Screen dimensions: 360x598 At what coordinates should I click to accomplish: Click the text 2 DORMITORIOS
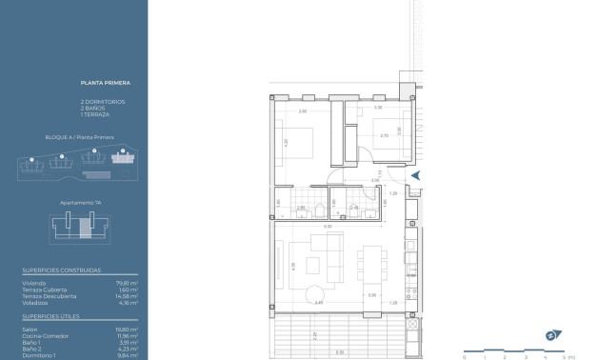(103, 101)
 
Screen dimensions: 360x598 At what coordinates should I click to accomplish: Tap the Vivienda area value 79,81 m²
(128, 282)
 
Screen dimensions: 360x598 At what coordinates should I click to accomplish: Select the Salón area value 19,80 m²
(128, 329)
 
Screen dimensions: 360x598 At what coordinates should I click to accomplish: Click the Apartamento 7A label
(80, 202)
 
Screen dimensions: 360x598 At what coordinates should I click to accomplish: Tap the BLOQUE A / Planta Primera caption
(79, 137)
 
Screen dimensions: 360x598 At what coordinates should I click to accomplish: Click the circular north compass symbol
(550, 334)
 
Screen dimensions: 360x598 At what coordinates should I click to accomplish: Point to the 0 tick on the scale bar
(464, 355)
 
